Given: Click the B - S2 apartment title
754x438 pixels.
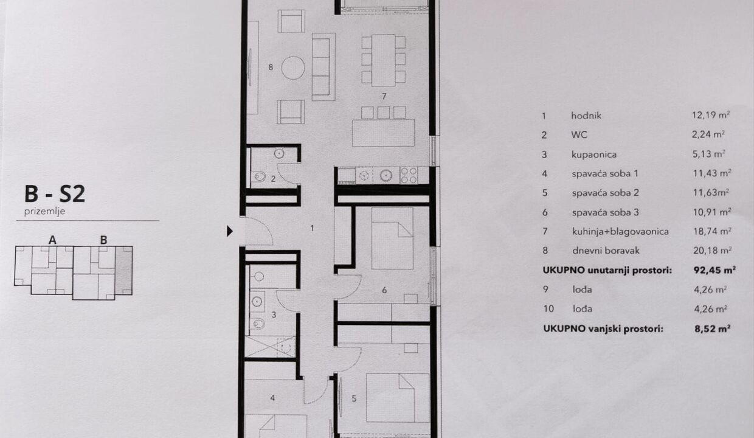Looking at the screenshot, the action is coord(55,194).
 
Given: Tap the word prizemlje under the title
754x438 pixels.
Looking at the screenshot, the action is coord(44,212).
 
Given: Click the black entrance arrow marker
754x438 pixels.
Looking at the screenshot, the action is coord(230,231).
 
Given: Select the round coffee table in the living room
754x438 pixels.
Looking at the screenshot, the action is coord(293,68).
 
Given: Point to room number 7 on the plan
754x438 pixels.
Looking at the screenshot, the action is coord(384,97).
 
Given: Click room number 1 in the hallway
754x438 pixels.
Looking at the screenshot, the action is coord(312,228).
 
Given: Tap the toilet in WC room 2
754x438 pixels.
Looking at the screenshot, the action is coord(259,176).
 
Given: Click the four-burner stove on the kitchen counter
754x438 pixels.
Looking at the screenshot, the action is coord(409,175).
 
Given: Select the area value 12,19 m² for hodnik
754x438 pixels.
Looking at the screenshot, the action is coord(711,115).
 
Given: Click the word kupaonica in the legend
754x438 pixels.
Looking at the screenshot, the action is coord(594,155).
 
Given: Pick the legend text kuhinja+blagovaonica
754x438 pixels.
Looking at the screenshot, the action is coord(620,232).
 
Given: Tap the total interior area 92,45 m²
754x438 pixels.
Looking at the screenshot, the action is coord(714,270).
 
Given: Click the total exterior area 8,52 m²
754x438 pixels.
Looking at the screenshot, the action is coord(712,328).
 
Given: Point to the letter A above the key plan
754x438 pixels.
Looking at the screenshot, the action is coord(52,240).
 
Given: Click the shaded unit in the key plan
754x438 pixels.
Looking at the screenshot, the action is coord(123,270).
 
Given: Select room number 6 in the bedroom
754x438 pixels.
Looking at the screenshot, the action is coord(384,290).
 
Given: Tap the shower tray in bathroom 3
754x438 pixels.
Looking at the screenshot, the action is coord(271,347).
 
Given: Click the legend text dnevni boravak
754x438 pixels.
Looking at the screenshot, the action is coord(606,251).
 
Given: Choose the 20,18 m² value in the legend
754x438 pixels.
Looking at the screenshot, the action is coord(712,251).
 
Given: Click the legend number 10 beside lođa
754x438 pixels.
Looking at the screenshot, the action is coord(548,308).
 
